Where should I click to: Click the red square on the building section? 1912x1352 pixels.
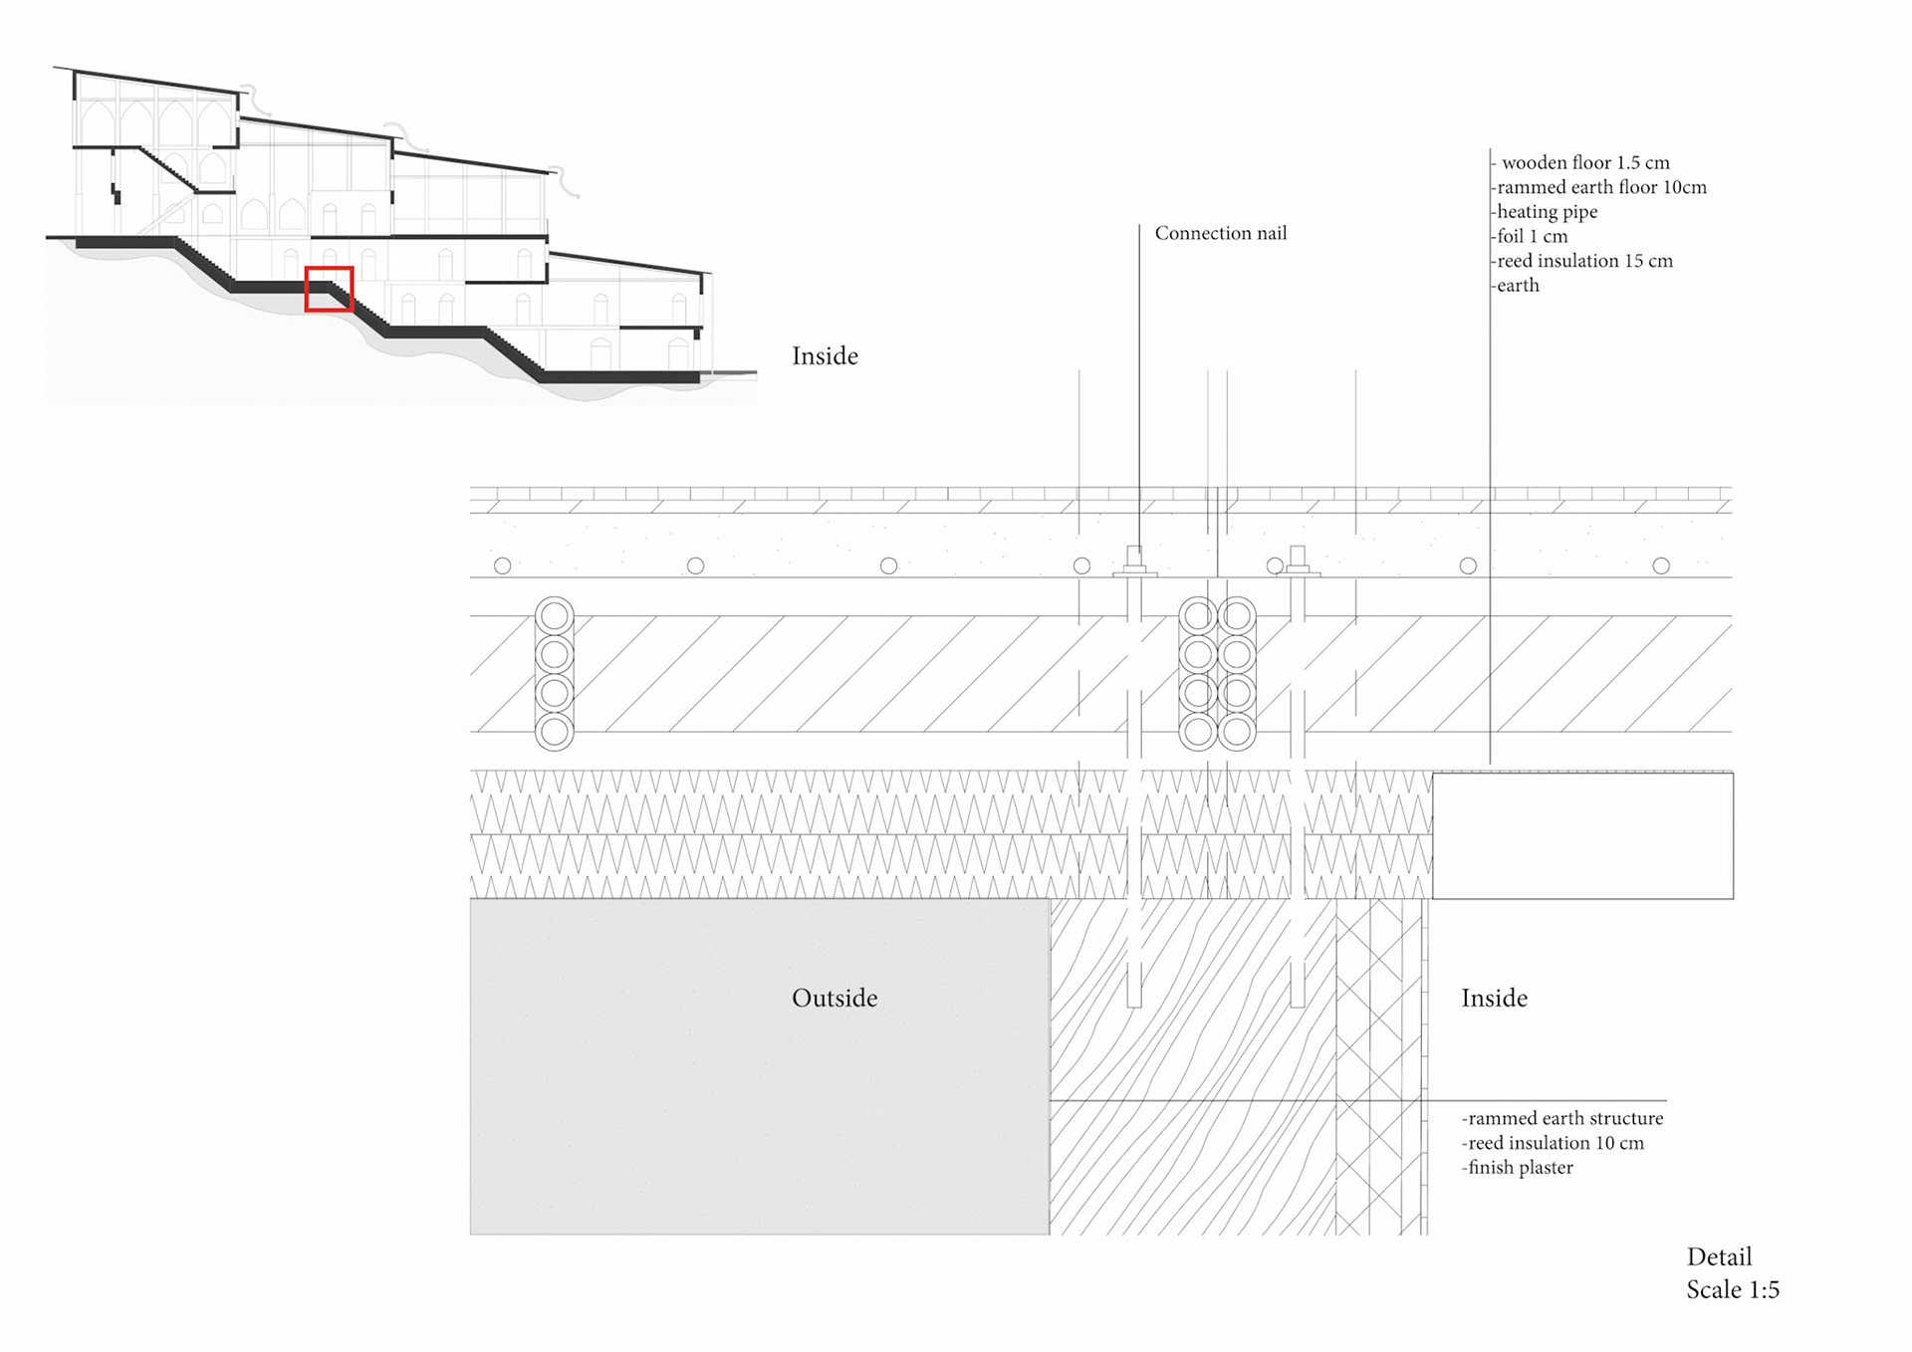click(x=329, y=289)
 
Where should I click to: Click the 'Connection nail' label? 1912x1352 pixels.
click(x=1220, y=233)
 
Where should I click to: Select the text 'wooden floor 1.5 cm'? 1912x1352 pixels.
click(x=1585, y=162)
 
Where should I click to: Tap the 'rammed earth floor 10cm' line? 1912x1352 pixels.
click(x=1601, y=187)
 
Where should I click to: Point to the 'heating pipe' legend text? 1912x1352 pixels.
click(x=1547, y=211)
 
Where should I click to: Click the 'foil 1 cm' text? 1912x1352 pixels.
click(x=1532, y=236)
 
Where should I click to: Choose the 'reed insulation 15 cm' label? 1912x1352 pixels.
click(x=1584, y=261)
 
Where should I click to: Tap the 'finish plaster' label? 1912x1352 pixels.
click(x=1520, y=1167)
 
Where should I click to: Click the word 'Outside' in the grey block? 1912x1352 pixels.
click(x=835, y=998)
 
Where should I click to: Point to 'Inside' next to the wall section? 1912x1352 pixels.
click(x=1494, y=998)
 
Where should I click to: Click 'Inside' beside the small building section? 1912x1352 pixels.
click(x=825, y=355)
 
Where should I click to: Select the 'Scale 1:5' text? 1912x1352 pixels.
click(x=1733, y=1289)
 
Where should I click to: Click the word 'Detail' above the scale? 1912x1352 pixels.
click(x=1719, y=1256)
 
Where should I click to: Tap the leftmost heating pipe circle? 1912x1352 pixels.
click(x=503, y=565)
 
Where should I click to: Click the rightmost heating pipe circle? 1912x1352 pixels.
click(x=1661, y=565)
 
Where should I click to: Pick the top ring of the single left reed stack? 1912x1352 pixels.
click(x=555, y=616)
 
